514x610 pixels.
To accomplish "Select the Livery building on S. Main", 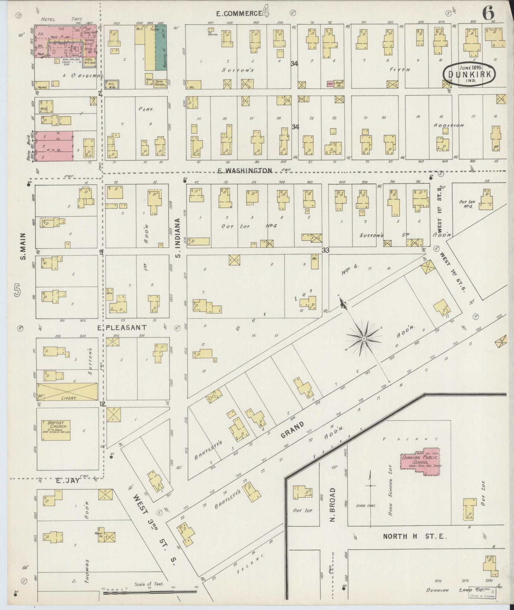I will [x=67, y=391].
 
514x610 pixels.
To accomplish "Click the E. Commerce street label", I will [x=239, y=14].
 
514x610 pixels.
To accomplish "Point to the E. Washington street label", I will [x=245, y=170].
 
